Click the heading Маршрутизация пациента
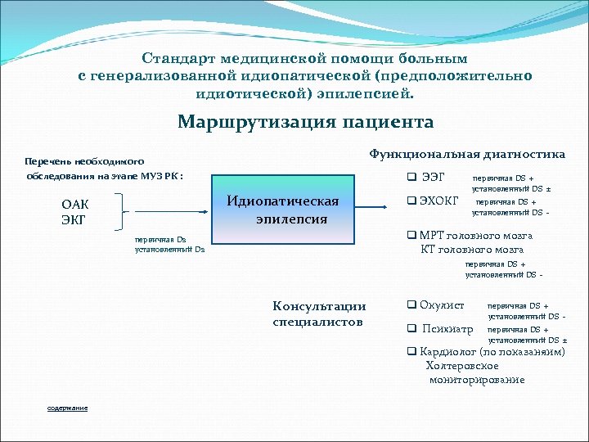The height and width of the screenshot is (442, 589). pos(305,123)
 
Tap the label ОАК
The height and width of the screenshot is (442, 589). pos(75,204)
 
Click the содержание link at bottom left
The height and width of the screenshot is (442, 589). pos(67,408)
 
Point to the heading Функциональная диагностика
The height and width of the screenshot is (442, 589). pos(467,154)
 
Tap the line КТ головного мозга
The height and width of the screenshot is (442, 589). pos(472,250)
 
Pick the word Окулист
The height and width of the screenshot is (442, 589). pos(442,305)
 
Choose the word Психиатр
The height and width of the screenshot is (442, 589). pos(447,329)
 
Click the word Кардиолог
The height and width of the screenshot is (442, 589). pos(448,351)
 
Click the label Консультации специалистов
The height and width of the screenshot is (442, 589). pos(319,313)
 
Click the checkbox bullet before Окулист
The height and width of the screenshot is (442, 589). pos(411,305)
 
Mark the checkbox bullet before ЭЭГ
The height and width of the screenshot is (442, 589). pos(411,177)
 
